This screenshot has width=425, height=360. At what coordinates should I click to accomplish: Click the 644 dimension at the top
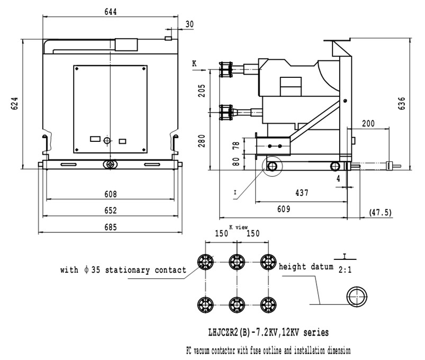pyautogui.click(x=110, y=12)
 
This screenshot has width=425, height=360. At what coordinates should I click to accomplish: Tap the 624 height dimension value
pyautogui.click(x=16, y=104)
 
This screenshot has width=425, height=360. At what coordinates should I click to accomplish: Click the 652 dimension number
pyautogui.click(x=110, y=211)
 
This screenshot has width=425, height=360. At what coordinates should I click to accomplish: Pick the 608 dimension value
pyautogui.click(x=110, y=194)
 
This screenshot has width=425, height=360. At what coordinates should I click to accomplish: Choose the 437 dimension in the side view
pyautogui.click(x=302, y=193)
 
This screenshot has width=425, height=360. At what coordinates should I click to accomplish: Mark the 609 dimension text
pyautogui.click(x=284, y=209)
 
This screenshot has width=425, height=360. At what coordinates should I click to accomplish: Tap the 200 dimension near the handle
pyautogui.click(x=368, y=123)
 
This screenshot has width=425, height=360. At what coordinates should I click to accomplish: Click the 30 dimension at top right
pyautogui.click(x=189, y=24)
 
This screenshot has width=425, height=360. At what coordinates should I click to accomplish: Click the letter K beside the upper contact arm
pyautogui.click(x=194, y=63)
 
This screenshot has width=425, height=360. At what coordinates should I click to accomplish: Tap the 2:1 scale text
pyautogui.click(x=343, y=269)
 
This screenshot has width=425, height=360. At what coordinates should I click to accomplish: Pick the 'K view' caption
pyautogui.click(x=238, y=228)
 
